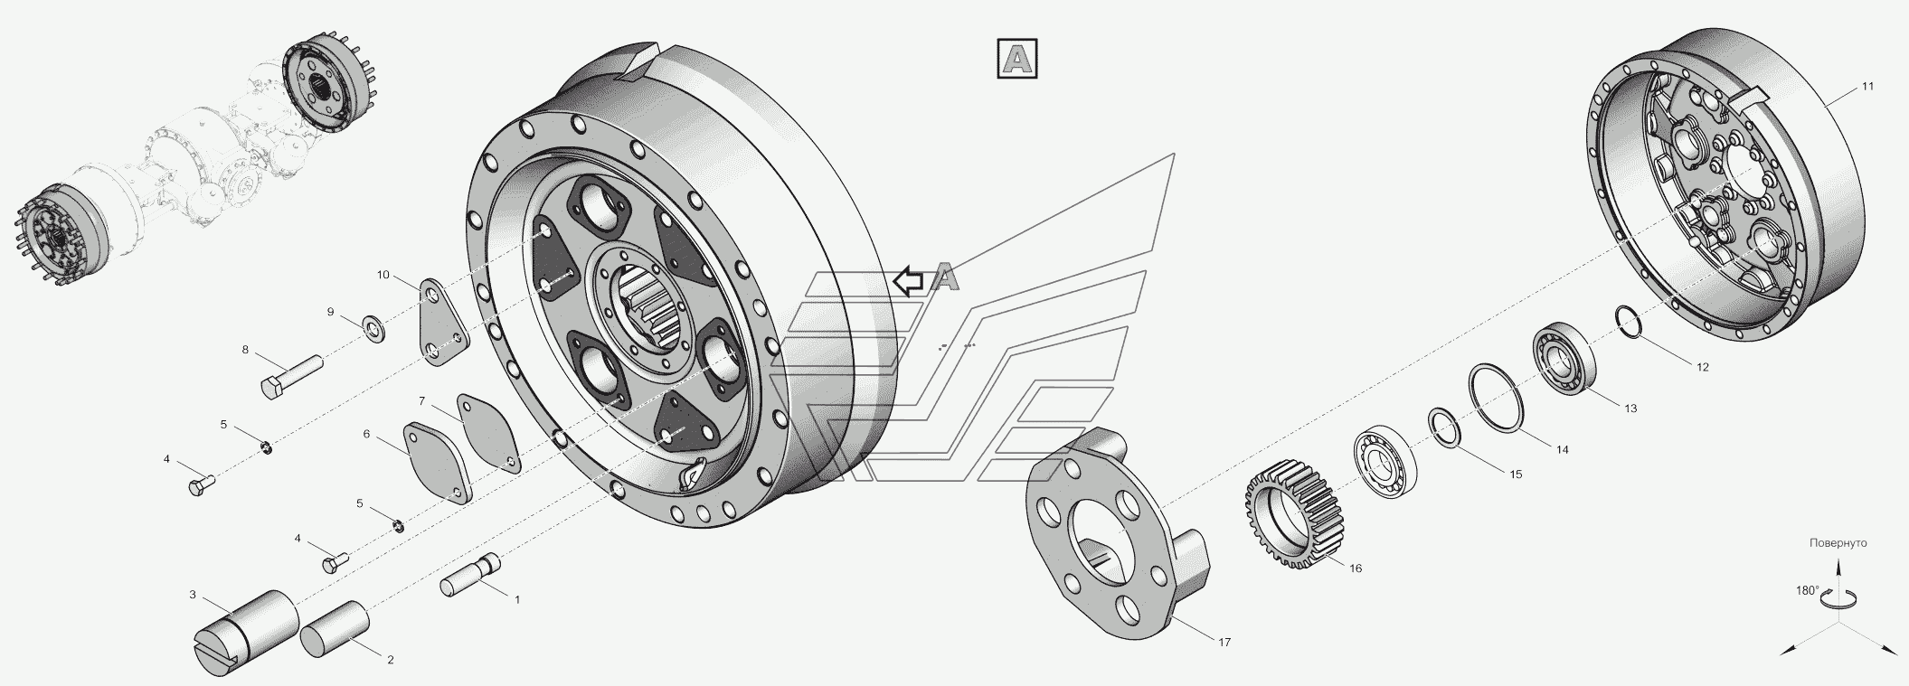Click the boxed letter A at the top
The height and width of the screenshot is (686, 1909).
[x=1016, y=60]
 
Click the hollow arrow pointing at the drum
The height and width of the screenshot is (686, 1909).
[x=909, y=282]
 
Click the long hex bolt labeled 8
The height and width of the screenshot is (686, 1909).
[x=292, y=376]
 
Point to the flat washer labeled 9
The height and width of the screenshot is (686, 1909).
[x=373, y=327]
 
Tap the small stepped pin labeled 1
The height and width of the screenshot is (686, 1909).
[x=472, y=575]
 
